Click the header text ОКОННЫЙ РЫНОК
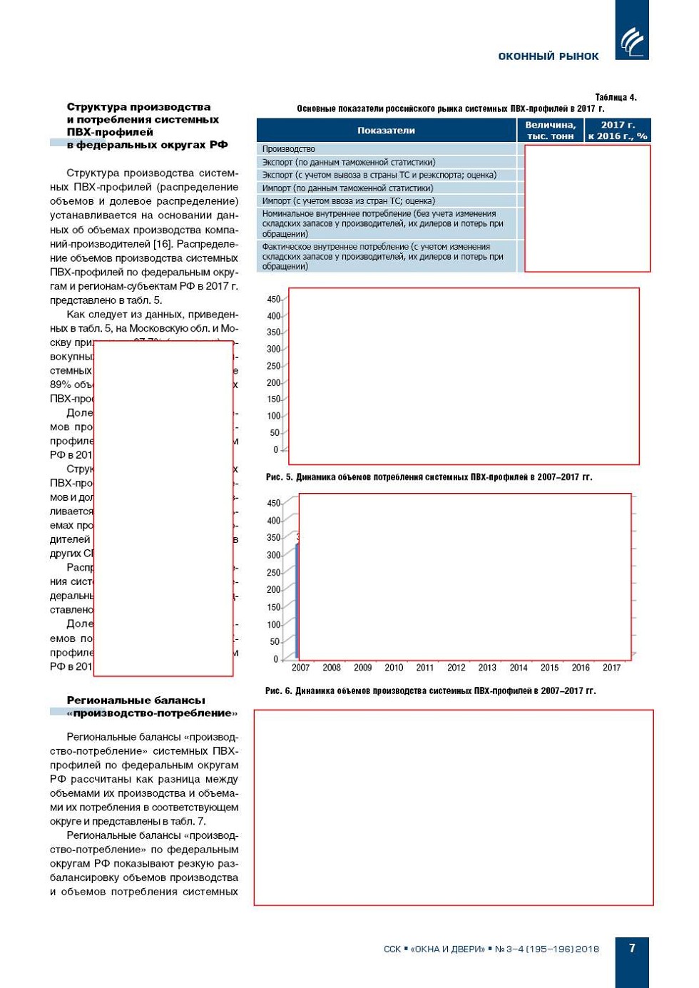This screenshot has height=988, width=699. [x=548, y=56]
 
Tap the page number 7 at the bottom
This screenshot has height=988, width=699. [x=632, y=948]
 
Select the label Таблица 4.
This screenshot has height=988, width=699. [x=616, y=97]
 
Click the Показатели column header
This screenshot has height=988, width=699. [x=386, y=131]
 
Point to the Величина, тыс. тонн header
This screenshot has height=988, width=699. [x=550, y=131]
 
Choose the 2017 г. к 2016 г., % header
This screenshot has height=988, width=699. [x=617, y=131]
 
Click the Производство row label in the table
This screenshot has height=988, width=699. [x=289, y=149]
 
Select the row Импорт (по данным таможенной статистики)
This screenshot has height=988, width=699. [x=347, y=188]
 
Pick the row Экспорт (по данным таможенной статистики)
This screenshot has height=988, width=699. [x=348, y=162]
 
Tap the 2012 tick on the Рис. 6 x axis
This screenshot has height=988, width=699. [x=456, y=668]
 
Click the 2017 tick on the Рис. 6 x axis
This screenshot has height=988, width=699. [x=611, y=668]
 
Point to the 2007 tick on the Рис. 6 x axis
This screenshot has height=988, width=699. [x=300, y=668]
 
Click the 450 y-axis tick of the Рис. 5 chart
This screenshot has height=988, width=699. [x=274, y=300]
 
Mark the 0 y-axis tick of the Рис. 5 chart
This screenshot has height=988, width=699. [x=276, y=449]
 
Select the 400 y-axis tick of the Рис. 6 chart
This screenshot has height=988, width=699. [x=274, y=521]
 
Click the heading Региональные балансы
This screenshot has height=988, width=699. [x=136, y=701]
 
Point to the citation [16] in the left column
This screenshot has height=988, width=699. [x=162, y=244]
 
